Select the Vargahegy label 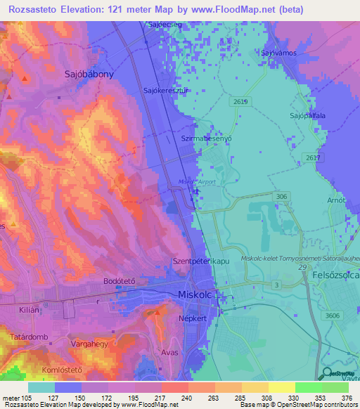89,344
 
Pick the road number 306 282,197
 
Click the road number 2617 314,158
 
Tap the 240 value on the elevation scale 174,398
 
